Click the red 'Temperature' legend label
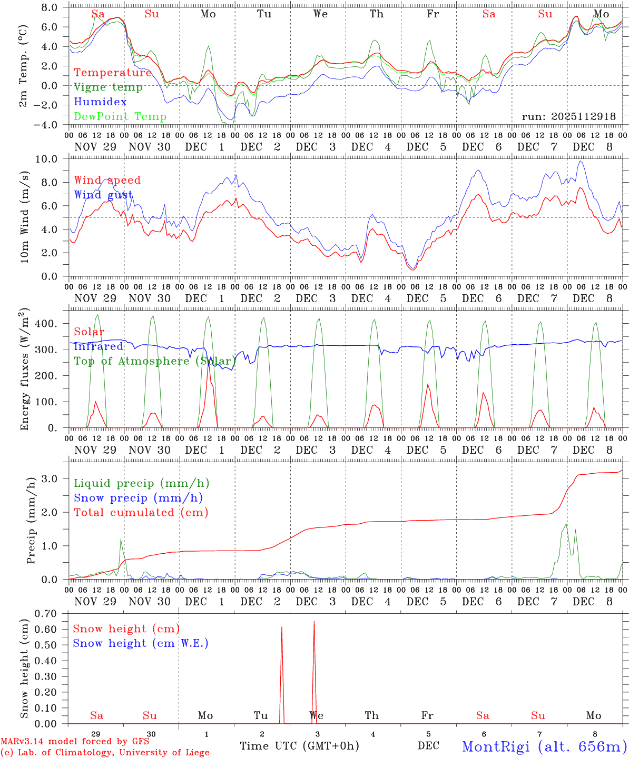(113, 73)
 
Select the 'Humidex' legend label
(100, 102)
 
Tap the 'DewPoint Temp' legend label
(120, 117)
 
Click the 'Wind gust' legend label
(103, 195)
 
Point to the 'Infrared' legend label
(99, 346)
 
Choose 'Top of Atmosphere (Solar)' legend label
(155, 361)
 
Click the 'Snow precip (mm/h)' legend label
(138, 498)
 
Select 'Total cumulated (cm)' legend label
(141, 513)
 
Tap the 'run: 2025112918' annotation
(568, 117)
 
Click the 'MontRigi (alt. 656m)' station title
(544, 746)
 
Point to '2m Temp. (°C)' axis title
(23, 66)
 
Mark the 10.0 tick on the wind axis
(53, 159)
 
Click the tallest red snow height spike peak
(314, 622)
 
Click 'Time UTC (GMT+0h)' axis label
(299, 746)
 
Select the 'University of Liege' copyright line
(105, 753)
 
